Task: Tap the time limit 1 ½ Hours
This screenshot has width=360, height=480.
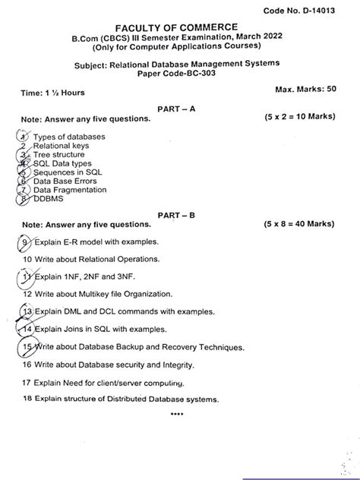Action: (53, 93)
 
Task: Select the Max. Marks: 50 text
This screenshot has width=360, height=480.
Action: (307, 90)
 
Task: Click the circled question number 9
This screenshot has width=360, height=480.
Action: (26, 242)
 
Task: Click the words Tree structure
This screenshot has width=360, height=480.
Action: (58, 154)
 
